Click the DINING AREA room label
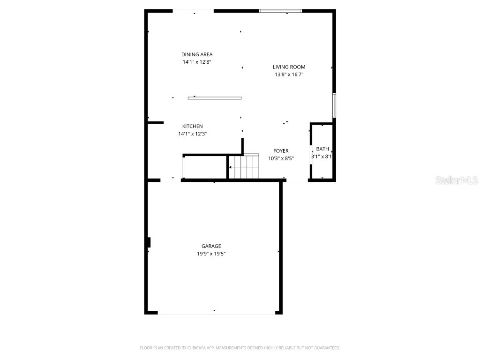pos(197,54)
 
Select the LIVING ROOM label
pos(289,67)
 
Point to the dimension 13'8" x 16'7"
pos(289,75)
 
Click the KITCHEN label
pos(192,126)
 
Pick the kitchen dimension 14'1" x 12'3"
pos(192,134)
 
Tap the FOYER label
pos(281,151)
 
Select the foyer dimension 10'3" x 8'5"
pos(281,158)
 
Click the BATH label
pos(322,149)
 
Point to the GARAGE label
pos(211,246)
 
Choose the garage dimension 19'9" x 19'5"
pos(211,254)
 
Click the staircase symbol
pos(243,167)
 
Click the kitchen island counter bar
pos(215,98)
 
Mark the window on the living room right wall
pos(334,105)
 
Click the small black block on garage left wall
pos(149,242)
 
